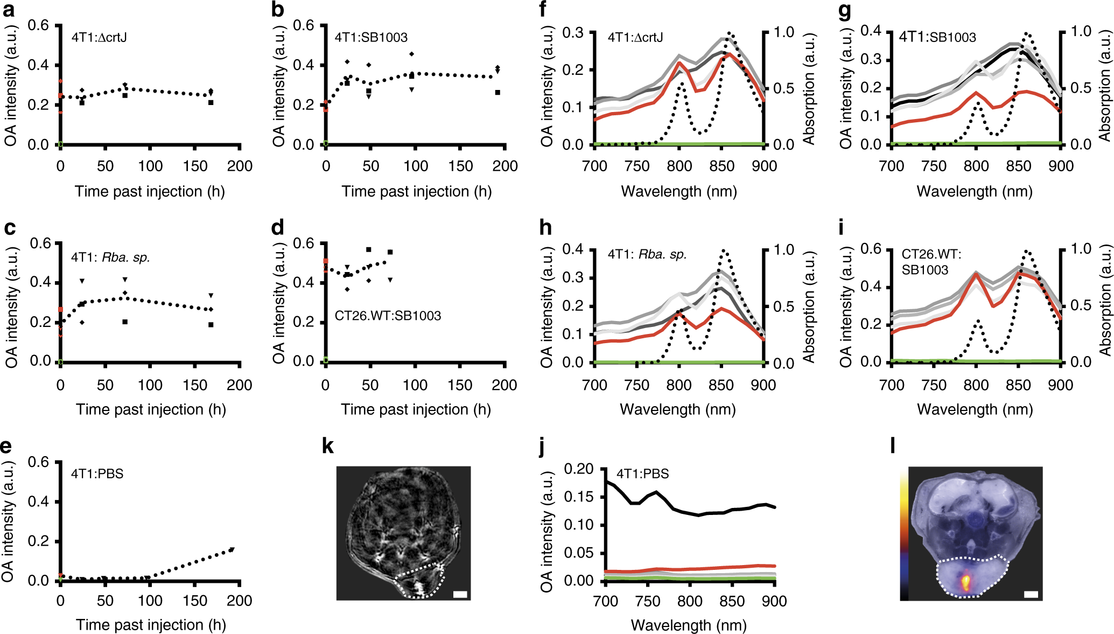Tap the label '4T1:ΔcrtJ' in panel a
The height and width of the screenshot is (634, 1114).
pos(99,37)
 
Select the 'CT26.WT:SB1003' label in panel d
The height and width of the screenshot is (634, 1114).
pos(388,316)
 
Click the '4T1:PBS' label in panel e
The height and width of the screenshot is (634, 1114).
pos(97,474)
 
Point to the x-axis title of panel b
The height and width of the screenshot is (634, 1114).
pos(416,191)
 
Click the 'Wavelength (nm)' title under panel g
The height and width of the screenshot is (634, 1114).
pos(975,191)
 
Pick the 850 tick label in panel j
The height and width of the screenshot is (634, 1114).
pos(732,601)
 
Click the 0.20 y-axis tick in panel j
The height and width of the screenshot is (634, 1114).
pos(578,469)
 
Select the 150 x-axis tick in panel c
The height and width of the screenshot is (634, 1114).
pos(195,385)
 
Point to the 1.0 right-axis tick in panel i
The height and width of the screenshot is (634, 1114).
pos(1081,249)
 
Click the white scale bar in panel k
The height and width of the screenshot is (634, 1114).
pos(460,595)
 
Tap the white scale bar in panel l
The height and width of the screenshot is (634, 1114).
pos(1030,595)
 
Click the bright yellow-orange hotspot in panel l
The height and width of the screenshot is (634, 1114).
pos(966,582)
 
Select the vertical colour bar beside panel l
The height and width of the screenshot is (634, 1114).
pos(904,533)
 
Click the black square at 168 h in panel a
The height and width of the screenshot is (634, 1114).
pos(211,102)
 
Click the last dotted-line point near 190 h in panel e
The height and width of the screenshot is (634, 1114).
pos(232,549)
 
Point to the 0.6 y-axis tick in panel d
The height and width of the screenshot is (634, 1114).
pos(303,243)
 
